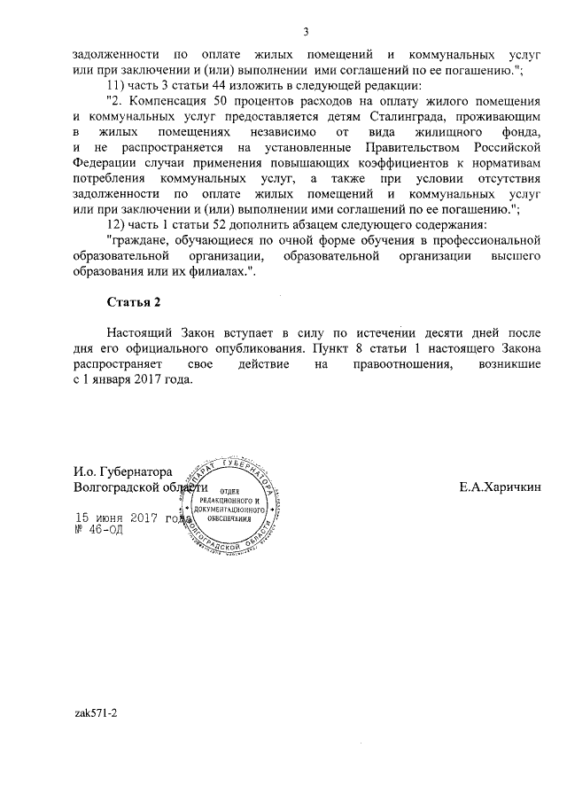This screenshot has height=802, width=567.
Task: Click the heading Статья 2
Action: (x=133, y=302)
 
